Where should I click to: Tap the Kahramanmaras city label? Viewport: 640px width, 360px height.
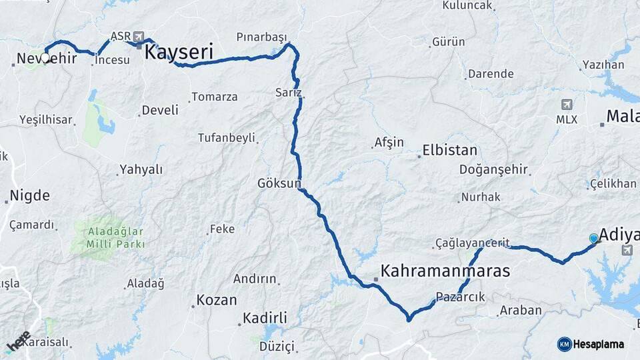point(445,271)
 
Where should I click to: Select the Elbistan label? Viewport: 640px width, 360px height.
point(449,150)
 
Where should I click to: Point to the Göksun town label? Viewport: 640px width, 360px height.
point(280,183)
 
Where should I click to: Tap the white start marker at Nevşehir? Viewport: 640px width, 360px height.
point(45,57)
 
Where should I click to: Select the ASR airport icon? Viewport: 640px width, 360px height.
point(138,36)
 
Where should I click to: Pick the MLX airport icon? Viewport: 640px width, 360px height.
point(567,105)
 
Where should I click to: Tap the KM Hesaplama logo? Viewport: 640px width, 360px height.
point(591,344)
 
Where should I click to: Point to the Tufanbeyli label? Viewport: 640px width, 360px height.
point(227,138)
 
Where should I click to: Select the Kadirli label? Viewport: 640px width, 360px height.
point(265,317)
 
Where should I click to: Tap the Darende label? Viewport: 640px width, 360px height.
point(491,74)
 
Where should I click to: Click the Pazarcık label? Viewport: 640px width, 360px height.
point(460,297)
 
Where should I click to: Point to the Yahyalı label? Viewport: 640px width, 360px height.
point(141,169)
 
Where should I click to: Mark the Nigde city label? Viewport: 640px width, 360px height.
point(29,196)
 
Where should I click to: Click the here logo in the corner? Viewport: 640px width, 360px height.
point(19,341)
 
